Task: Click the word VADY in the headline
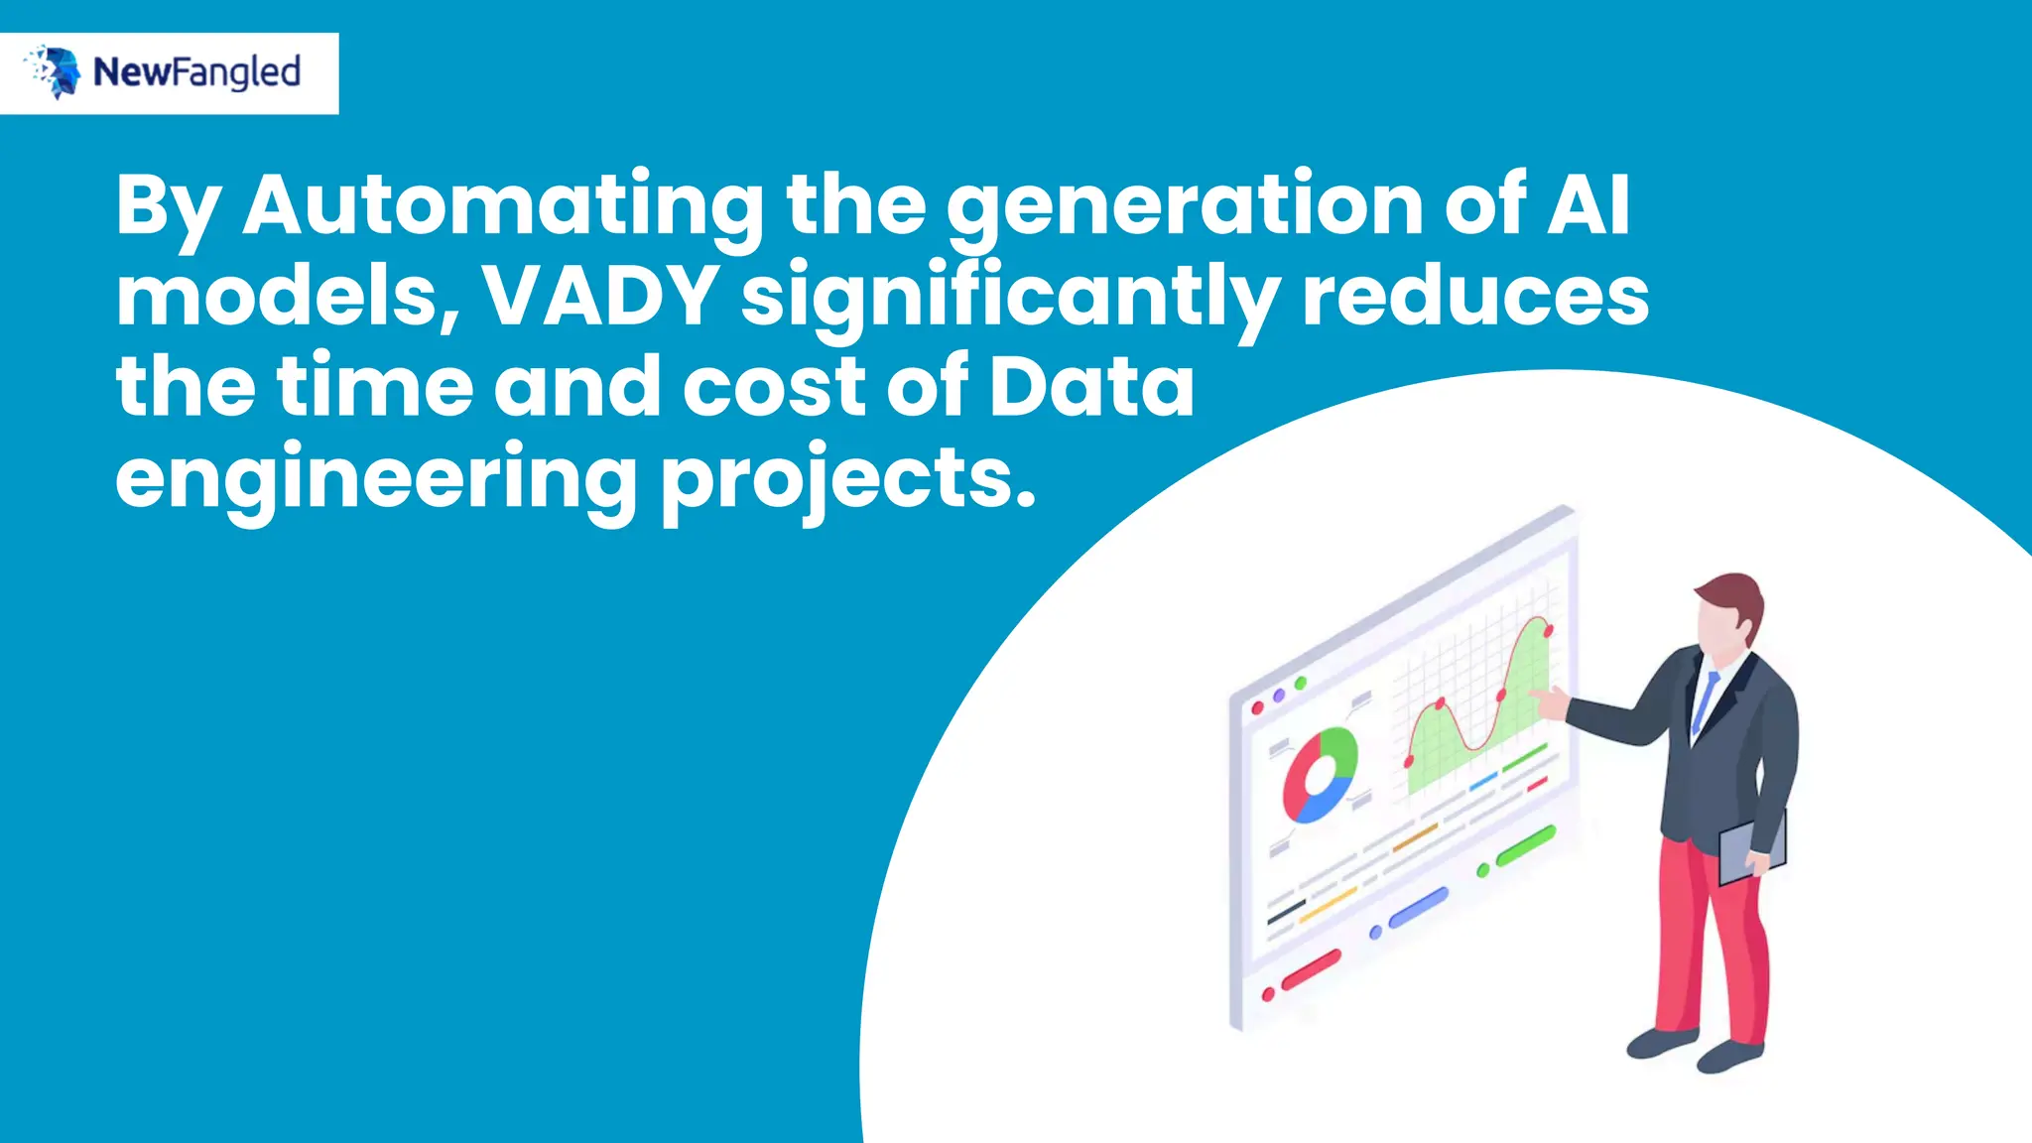tap(601, 296)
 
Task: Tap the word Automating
tap(503, 205)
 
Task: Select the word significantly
tap(1010, 296)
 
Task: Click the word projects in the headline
tap(848, 478)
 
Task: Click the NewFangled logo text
tap(196, 72)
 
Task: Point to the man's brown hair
tap(1734, 596)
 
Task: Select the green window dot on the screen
tap(1301, 683)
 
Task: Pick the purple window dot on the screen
tap(1279, 695)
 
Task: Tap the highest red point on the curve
tap(1548, 630)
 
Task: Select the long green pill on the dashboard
tap(1525, 845)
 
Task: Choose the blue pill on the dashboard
tap(1418, 908)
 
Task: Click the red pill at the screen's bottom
tap(1311, 969)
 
